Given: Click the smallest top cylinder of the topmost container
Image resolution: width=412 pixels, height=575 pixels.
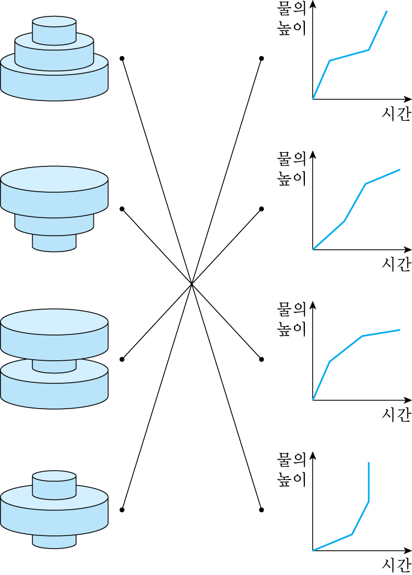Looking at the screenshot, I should tap(54, 31).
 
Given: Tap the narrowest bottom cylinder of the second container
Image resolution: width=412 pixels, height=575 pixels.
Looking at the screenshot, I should tap(54, 242).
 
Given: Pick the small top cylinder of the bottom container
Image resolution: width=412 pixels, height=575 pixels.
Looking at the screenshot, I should tap(54, 483).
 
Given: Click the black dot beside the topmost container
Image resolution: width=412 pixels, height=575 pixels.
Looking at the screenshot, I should tap(122, 58).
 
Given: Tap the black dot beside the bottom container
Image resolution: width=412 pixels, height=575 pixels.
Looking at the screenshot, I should tap(122, 510).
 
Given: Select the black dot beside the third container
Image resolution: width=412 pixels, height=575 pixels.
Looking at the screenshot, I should tap(122, 359).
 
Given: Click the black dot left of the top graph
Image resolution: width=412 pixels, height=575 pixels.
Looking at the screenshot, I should tap(261, 58).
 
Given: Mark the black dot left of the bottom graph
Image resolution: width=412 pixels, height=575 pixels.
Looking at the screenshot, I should tap(261, 510).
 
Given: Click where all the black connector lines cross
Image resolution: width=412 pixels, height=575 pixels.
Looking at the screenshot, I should tap(192, 284).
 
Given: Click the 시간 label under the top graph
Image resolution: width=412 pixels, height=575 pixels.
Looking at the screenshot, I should tap(396, 114).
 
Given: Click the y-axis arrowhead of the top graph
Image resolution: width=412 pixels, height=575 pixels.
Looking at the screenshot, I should tap(313, 4).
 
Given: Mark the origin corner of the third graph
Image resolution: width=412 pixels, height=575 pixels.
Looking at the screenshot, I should tap(313, 400).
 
